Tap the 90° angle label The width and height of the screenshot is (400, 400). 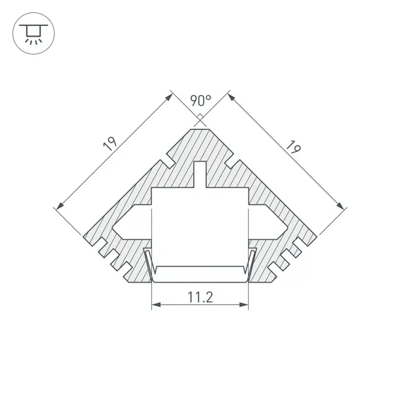[x=200, y=100]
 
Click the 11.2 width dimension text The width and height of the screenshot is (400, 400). [x=200, y=295]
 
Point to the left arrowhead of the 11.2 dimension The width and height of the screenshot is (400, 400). [x=154, y=306]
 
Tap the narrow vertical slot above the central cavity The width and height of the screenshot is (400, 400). [x=200, y=174]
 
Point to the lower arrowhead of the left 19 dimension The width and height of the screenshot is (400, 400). [x=58, y=208]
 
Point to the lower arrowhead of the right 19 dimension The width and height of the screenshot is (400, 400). [x=342, y=208]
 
